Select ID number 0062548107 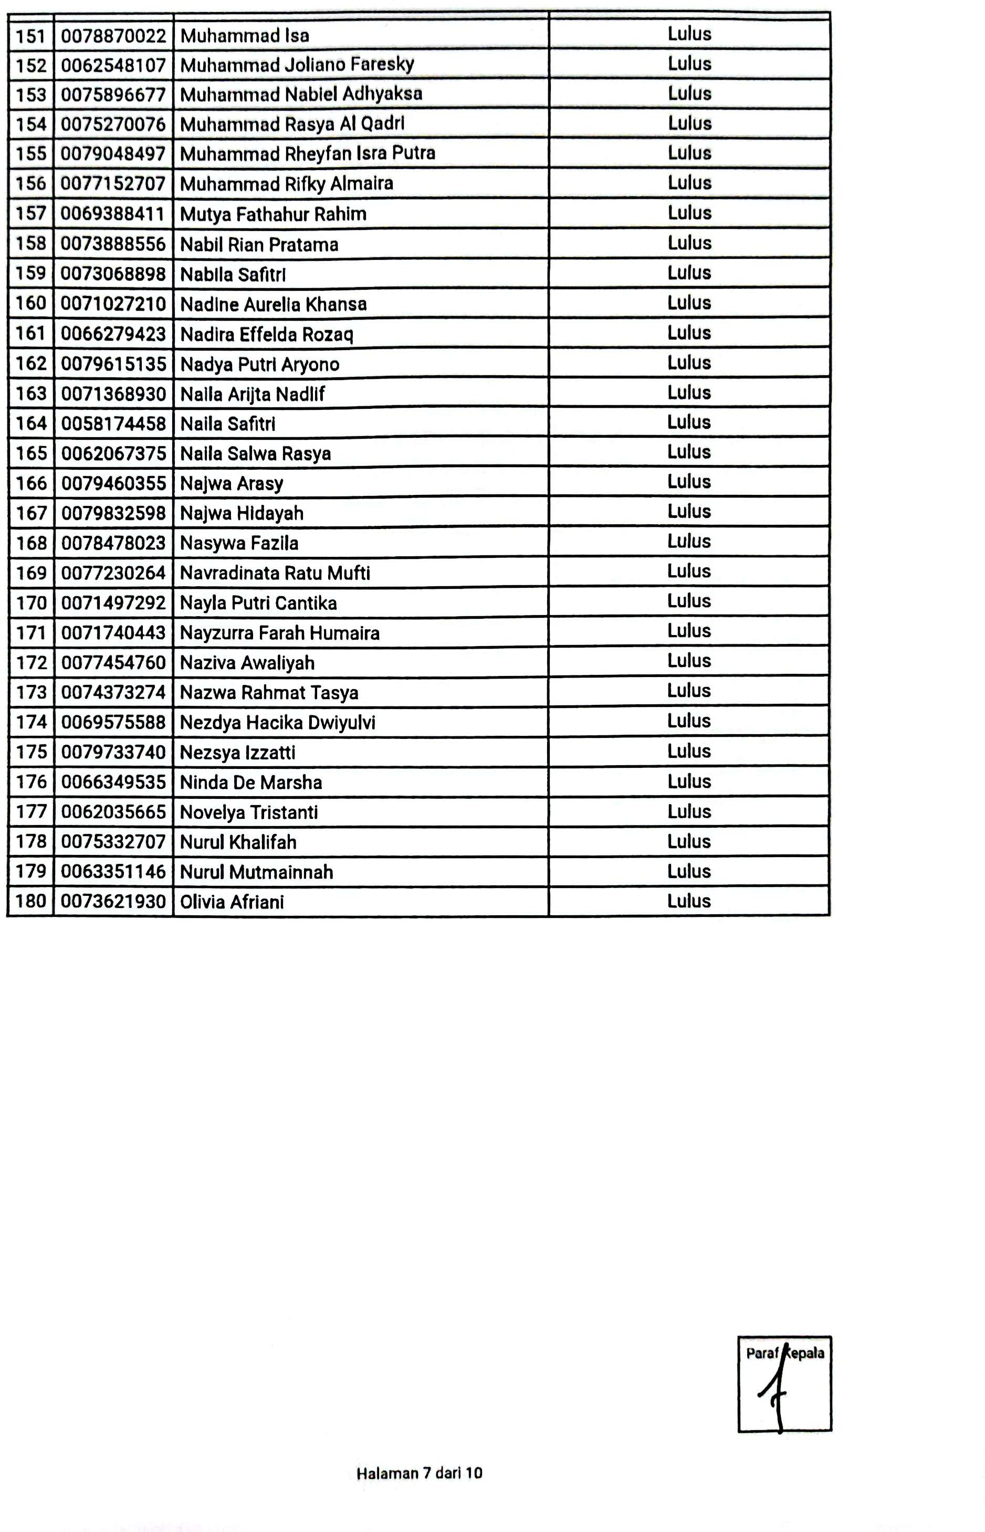coord(113,65)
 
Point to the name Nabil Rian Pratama coord(259,244)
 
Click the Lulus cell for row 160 coord(689,302)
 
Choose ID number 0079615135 coord(113,364)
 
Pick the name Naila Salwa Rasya coord(255,453)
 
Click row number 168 coord(30,543)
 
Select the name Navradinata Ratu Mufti coord(275,573)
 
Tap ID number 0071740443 coord(113,633)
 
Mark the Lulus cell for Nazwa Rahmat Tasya coord(689,691)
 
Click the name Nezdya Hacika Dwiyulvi coord(278,723)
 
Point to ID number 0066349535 coord(113,782)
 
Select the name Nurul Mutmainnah coord(256,872)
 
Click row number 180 coord(30,902)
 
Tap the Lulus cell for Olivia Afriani coord(689,901)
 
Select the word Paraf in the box coord(762,1353)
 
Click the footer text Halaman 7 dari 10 coord(419,1473)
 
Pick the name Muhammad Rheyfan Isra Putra coord(308,153)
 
